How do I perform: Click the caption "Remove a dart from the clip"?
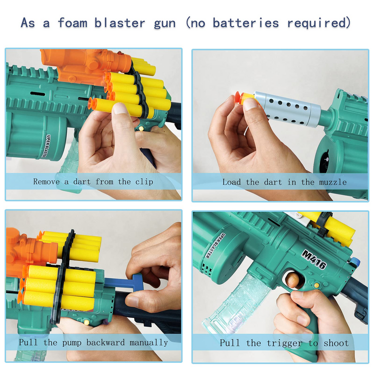click(93, 181)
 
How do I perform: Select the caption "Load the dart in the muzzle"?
click(284, 182)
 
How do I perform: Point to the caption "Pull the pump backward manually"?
click(93, 342)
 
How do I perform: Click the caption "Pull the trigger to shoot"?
click(284, 343)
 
